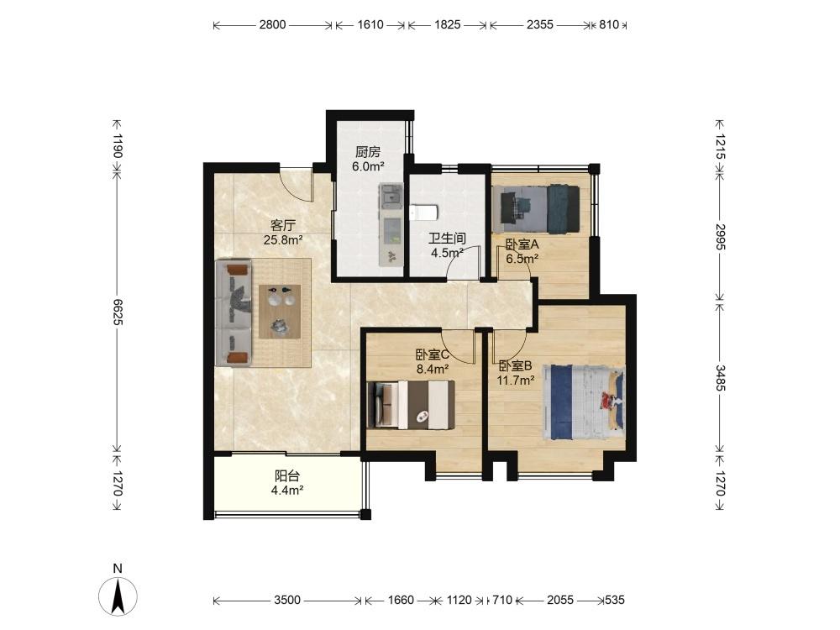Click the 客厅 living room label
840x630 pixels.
(x=283, y=225)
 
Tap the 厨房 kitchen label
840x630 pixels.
(x=368, y=152)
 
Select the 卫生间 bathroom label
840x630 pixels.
(x=447, y=239)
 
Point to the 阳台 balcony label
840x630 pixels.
(x=287, y=475)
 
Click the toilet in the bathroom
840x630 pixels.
(x=424, y=213)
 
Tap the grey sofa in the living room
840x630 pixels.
(x=234, y=313)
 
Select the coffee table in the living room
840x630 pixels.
(x=280, y=312)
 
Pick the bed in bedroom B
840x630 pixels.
(x=584, y=402)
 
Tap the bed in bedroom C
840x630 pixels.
(x=411, y=405)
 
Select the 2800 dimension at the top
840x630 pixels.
(x=273, y=24)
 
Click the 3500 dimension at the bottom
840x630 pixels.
(x=287, y=600)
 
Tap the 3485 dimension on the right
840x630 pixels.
(x=720, y=378)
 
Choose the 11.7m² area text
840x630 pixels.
(x=516, y=381)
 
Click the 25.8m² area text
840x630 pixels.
(x=283, y=239)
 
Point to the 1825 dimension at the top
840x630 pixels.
(x=448, y=24)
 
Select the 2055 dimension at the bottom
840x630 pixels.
(x=559, y=600)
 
